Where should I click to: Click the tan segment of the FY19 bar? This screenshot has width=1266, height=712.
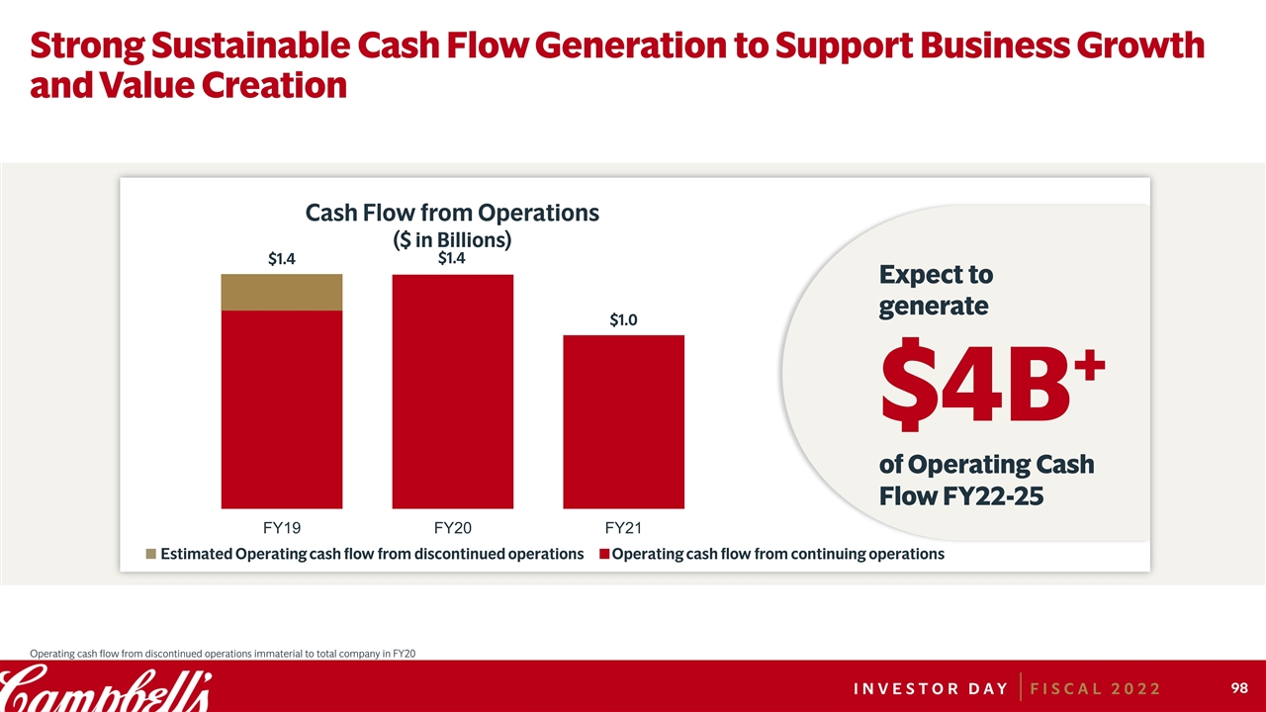pos(281,293)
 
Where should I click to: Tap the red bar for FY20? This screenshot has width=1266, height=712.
pos(452,391)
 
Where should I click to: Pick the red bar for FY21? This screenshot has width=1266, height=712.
pos(623,420)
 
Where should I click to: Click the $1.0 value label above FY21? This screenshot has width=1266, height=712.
pos(623,320)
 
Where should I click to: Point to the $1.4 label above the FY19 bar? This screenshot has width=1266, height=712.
pos(282,260)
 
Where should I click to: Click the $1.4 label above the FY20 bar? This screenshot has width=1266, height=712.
pos(452,259)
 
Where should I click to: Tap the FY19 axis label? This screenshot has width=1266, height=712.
pos(282,527)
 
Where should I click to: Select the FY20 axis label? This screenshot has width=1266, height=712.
pos(452,527)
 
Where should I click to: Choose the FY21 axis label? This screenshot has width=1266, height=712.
pos(623,527)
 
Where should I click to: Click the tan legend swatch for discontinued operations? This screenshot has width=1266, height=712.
pos(150,554)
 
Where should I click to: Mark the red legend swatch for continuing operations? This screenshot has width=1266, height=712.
pos(604,554)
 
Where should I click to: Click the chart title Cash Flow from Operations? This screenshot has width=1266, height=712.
pos(452,213)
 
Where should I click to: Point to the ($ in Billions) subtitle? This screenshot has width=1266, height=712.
pos(452,238)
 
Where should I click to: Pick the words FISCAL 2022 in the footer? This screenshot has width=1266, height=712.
pos(1096,688)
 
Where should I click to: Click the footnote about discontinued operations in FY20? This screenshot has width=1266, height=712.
pos(223,653)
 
